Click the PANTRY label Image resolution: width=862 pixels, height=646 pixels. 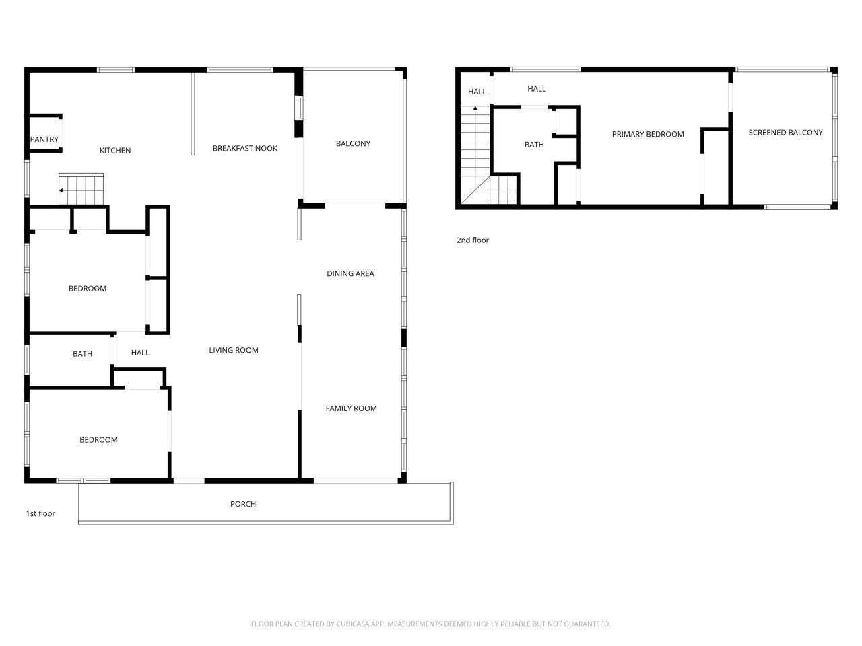tap(44, 139)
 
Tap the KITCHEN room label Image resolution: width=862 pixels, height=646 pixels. tap(115, 151)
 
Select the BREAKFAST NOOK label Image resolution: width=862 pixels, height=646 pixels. tap(244, 149)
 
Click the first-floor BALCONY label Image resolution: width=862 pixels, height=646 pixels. tap(353, 143)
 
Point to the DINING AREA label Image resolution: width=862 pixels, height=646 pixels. tap(350, 273)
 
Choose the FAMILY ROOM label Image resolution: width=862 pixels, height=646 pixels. tap(351, 408)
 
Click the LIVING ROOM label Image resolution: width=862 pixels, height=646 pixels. tap(234, 350)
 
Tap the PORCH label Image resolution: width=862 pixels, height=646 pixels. tap(243, 504)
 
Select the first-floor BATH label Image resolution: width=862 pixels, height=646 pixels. tap(82, 354)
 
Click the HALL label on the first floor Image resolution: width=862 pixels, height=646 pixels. tap(140, 353)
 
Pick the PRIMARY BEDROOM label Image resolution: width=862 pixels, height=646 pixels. tap(647, 135)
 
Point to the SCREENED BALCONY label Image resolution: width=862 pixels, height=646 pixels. tap(785, 133)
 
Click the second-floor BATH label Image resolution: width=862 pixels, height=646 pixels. tap(534, 145)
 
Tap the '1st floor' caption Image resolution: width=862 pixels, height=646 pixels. tap(40, 514)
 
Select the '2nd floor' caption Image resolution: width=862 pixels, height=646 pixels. tap(473, 240)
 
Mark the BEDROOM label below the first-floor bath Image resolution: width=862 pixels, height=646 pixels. tap(98, 440)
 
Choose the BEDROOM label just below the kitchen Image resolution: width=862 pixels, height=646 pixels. tap(88, 289)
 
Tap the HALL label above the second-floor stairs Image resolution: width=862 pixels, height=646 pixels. tap(477, 92)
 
